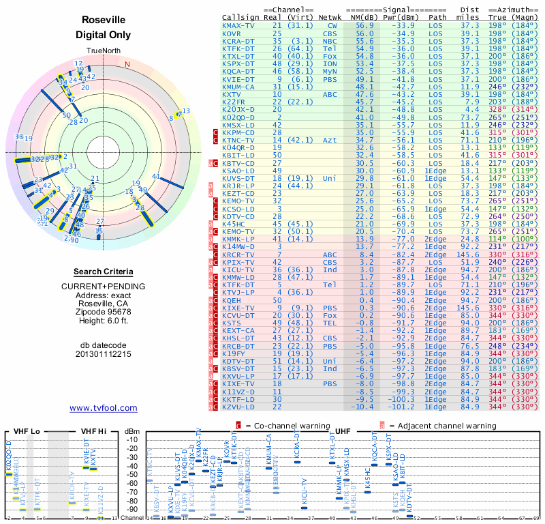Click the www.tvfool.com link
(103, 408)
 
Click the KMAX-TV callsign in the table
(239, 25)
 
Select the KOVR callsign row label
(232, 33)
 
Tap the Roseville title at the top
(103, 20)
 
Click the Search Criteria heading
(103, 272)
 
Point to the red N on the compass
(127, 65)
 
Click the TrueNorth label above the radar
(103, 50)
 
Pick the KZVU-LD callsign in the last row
(239, 406)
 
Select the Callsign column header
(239, 17)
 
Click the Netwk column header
(330, 17)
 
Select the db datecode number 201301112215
(103, 354)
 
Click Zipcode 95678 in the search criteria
(103, 312)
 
